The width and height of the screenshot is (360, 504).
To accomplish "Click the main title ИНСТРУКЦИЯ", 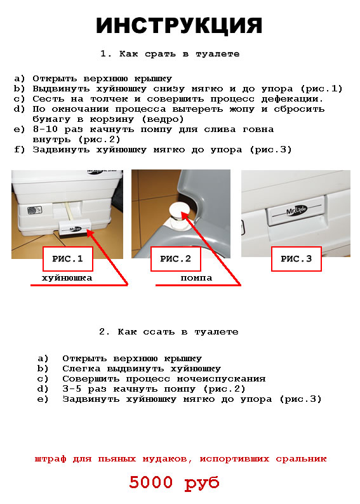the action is point(179,26).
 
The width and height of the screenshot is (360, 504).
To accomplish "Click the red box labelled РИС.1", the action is point(68,259).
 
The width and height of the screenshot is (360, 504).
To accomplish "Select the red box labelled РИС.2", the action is point(176,259).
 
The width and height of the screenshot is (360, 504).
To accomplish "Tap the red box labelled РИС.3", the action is point(297,259).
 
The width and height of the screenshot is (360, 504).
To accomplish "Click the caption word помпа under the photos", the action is point(196,278).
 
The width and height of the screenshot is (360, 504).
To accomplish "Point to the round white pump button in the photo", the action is point(178,211).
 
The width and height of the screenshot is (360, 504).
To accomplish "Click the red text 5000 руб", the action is point(174,483).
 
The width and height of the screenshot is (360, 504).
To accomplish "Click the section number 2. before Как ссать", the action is point(105,332).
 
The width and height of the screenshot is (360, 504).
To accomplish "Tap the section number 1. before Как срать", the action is point(106,54).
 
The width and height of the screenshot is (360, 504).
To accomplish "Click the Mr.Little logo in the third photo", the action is point(297,211).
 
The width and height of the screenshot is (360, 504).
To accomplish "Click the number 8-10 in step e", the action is point(45,129).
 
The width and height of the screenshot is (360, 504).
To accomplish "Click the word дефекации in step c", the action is point(292,99).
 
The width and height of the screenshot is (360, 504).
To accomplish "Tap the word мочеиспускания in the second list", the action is point(222,379).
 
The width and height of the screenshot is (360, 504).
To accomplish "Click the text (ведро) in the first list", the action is point(163,119).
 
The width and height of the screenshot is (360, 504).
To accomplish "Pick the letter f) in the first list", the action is point(20,150).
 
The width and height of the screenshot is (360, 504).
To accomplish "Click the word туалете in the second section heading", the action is point(217,332).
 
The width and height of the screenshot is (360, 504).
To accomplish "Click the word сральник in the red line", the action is point(301,459).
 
